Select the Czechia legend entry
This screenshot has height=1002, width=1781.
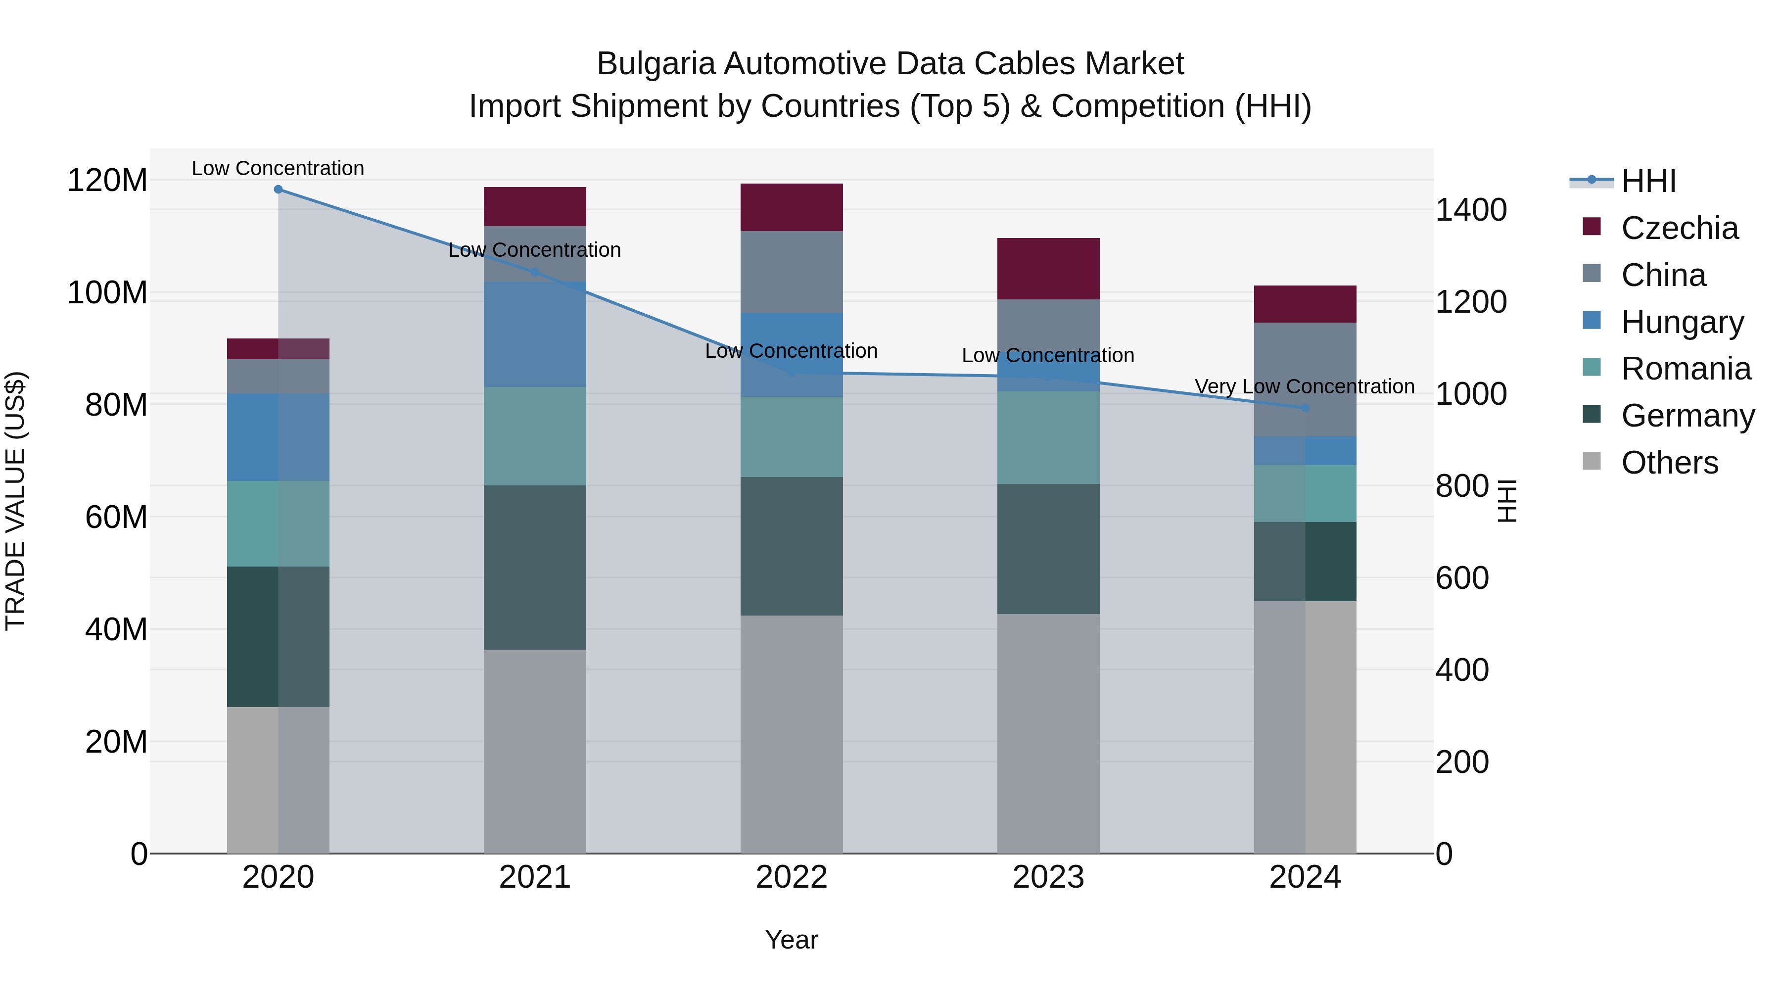click(x=1679, y=228)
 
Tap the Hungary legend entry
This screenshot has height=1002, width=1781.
click(x=1682, y=322)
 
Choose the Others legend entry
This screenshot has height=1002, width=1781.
click(x=1669, y=463)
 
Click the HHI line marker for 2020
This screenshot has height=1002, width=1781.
click(x=278, y=190)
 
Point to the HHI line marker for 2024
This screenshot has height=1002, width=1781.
click(x=1305, y=408)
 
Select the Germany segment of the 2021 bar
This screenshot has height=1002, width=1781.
click(x=534, y=567)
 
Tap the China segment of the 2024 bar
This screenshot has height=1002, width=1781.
click(x=1305, y=379)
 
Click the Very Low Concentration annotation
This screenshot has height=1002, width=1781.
click(x=1304, y=386)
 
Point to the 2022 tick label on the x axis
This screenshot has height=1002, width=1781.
click(x=792, y=877)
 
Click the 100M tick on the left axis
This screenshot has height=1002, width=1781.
click(x=107, y=292)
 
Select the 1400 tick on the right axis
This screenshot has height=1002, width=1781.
click(x=1471, y=210)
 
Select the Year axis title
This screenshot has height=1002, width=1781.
click(x=792, y=940)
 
